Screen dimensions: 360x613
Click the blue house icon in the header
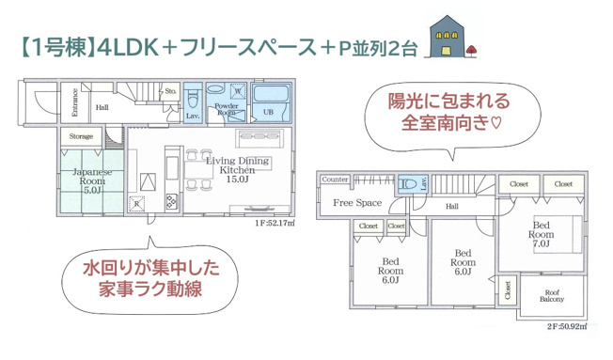[x=447, y=38]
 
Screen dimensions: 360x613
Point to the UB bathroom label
[x=269, y=112]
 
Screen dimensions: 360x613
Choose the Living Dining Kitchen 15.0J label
[x=238, y=166]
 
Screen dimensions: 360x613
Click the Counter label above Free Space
[x=336, y=179]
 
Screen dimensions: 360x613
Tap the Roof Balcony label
[x=553, y=294]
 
